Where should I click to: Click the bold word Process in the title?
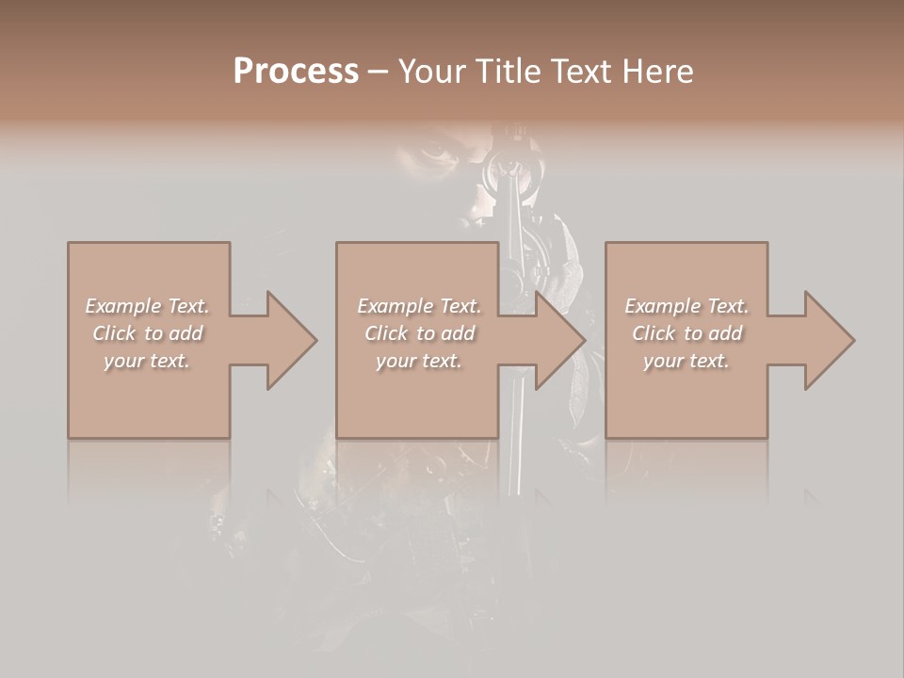296,72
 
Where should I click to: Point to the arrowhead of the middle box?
558,340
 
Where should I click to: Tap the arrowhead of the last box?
828,340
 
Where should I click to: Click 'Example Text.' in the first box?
148,306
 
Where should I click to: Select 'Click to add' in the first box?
148,333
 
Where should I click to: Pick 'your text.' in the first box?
148,361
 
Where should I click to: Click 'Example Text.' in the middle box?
419,306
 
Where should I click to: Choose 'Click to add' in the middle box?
419,333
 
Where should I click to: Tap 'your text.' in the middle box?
419,361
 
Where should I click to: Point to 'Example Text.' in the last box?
686,306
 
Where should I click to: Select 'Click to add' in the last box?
686,333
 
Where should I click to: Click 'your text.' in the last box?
686,361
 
